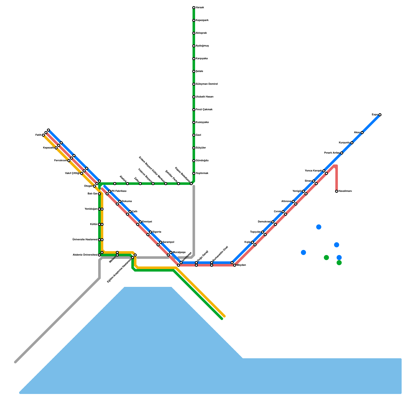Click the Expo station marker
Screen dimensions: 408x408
pyautogui.click(x=380, y=115)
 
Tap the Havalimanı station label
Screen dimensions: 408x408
pyautogui.click(x=345, y=191)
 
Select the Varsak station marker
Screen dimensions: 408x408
pyautogui.click(x=194, y=8)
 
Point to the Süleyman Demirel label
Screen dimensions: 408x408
pyautogui.click(x=207, y=84)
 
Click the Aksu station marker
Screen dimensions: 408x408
pyautogui.click(x=362, y=133)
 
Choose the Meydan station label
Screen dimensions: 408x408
pyautogui.click(x=241, y=265)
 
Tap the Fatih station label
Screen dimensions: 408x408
pyautogui.click(x=38, y=135)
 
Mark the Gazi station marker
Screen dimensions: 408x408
pyautogui.click(x=194, y=135)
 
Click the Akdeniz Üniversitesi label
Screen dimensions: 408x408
pyautogui.click(x=85, y=255)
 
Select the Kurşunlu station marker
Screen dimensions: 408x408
pyautogui.click(x=352, y=143)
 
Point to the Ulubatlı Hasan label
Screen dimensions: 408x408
pyautogui.click(x=204, y=97)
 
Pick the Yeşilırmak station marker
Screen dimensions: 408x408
pyautogui.click(x=194, y=173)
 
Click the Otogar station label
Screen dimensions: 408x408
pyautogui.click(x=88, y=186)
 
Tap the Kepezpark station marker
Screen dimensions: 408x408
pyautogui.click(x=194, y=20)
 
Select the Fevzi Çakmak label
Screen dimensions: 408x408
pyautogui.click(x=204, y=110)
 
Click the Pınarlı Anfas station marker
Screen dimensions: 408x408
pyautogui.click(x=342, y=153)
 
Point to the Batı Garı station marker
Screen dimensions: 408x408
pyautogui.click(x=99, y=194)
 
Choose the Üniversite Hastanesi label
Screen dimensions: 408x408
pyautogui.click(x=85, y=240)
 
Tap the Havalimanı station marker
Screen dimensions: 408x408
pyautogui.click(x=337, y=191)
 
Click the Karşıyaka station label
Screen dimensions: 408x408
pyautogui.click(x=201, y=59)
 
